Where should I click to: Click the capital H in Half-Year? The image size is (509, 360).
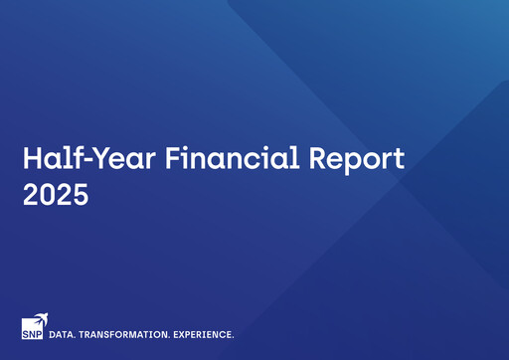pos(32,158)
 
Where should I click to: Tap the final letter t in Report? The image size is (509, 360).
pos(399,159)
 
